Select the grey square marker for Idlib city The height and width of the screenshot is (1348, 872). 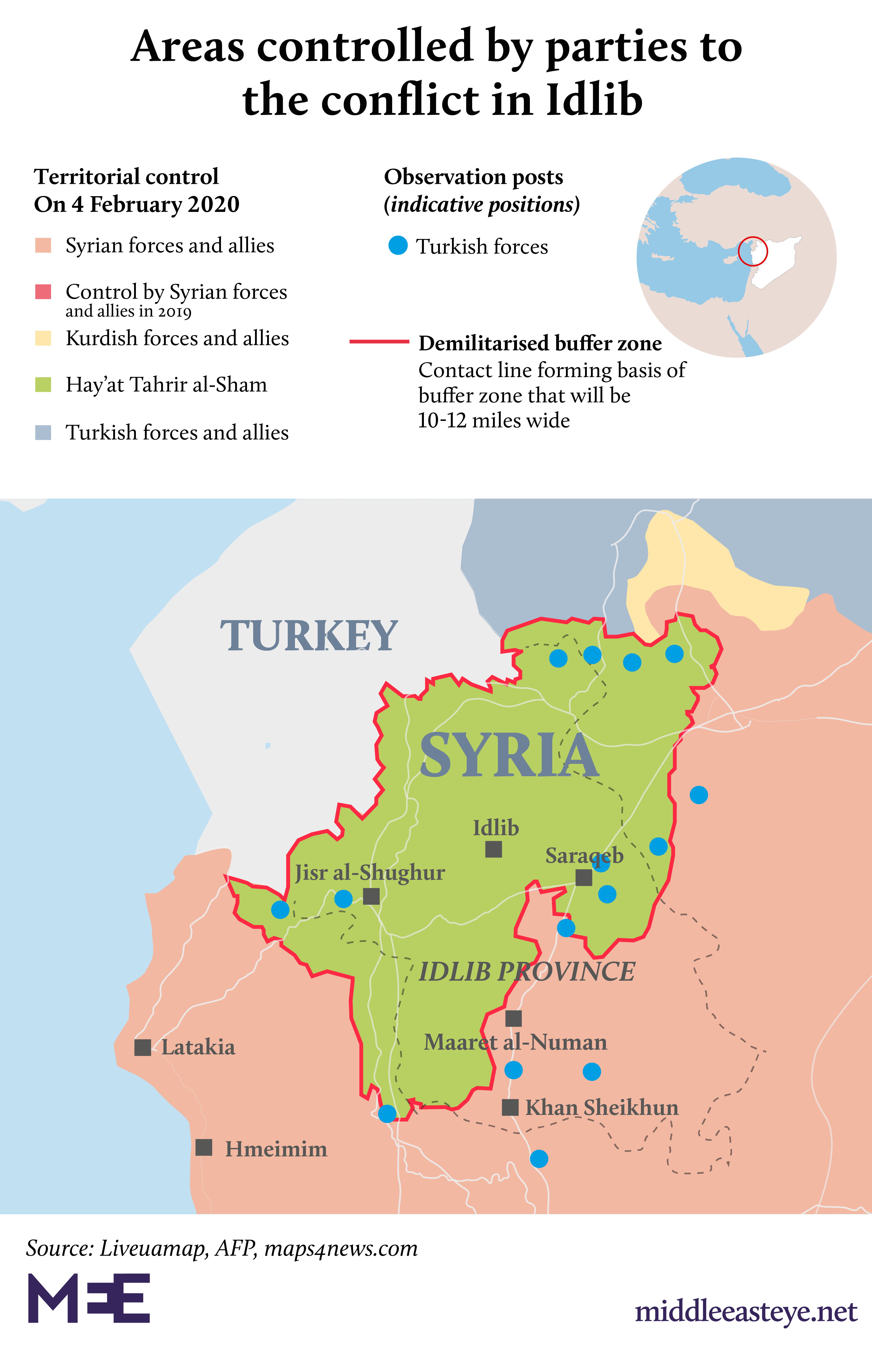493,849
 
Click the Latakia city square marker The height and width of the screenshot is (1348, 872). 143,1047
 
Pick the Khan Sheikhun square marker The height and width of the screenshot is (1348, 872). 510,1107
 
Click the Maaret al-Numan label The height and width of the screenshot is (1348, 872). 515,1042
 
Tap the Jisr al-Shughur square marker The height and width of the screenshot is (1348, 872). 372,896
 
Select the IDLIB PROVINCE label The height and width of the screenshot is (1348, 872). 527,972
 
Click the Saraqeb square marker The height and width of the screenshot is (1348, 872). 584,878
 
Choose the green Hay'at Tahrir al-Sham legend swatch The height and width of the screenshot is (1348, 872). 43,385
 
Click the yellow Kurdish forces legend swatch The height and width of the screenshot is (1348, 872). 43,338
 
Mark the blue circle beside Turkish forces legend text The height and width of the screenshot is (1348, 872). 398,246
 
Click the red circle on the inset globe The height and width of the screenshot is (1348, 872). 753,251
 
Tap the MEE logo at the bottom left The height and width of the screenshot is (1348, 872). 89,1298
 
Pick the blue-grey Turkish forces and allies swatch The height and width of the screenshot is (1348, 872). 43,433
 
